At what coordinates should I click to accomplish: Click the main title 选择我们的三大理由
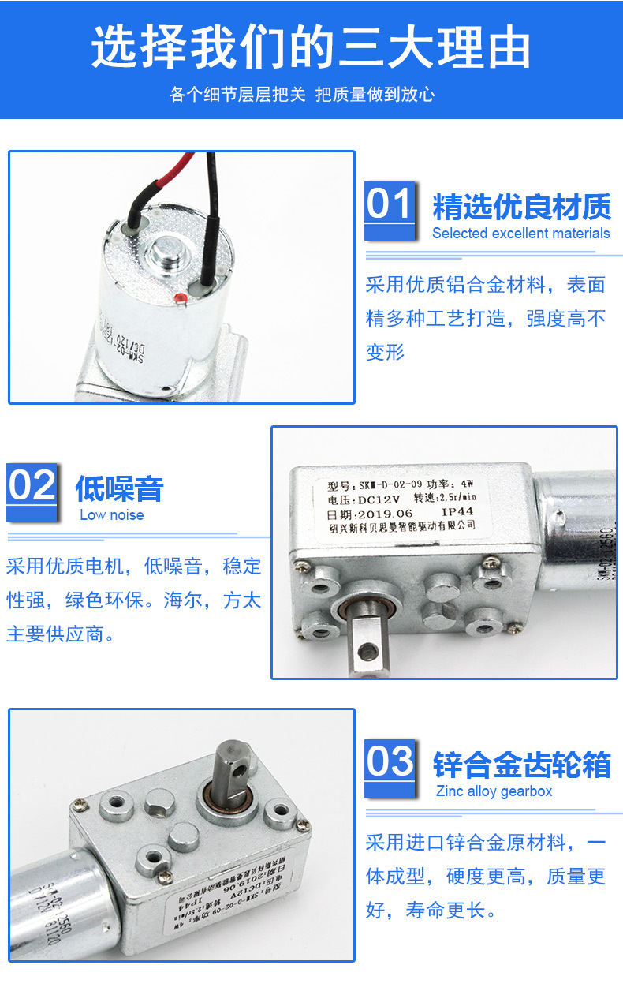point(311,48)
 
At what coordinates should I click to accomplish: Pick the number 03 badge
point(390,762)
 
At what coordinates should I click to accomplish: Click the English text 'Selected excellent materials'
point(520,234)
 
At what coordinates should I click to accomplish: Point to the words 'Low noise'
point(112,515)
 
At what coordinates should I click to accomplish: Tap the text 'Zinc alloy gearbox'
point(494,791)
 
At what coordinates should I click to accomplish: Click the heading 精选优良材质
point(521,208)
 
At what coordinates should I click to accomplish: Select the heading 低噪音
point(119,488)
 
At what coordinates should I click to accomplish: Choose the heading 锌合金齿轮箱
point(521,765)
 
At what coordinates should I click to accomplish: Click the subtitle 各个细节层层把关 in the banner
point(237,95)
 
